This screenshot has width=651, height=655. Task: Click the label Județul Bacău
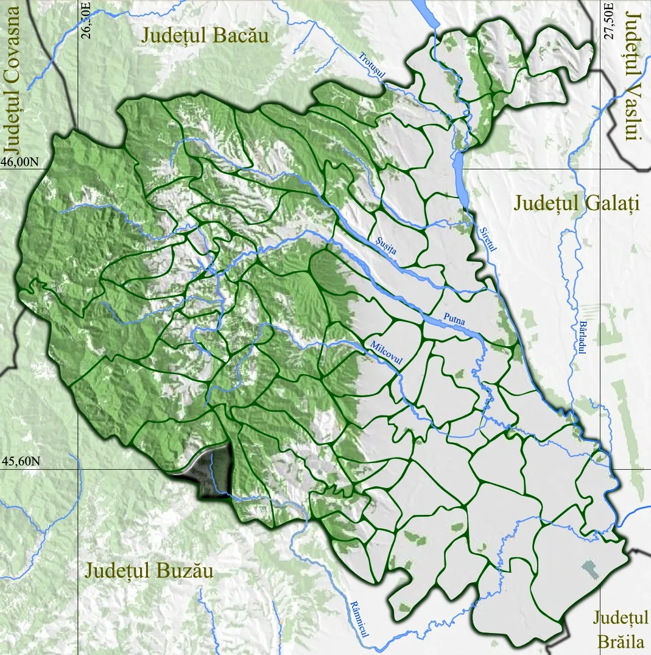(205, 35)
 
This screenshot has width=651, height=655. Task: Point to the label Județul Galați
(575, 203)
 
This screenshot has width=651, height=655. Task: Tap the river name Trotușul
(372, 66)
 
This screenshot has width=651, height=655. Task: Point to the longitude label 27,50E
(607, 21)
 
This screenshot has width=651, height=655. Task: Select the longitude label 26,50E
(86, 21)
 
